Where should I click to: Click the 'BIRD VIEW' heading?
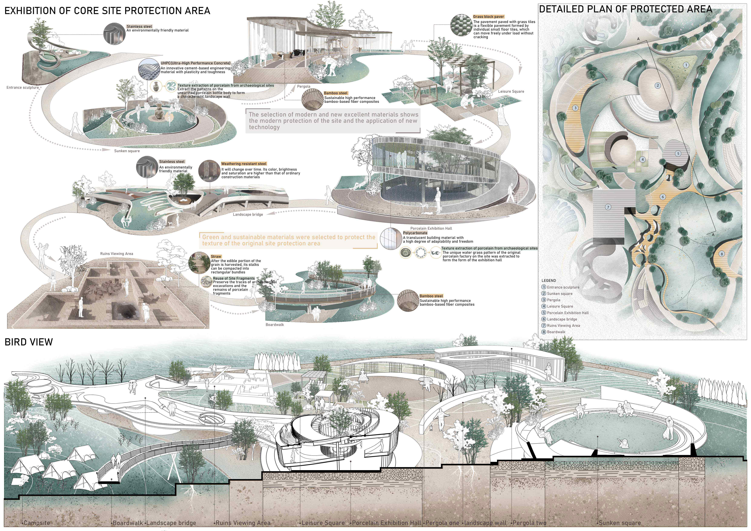[x=29, y=342]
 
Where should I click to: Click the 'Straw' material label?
[x=216, y=256]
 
